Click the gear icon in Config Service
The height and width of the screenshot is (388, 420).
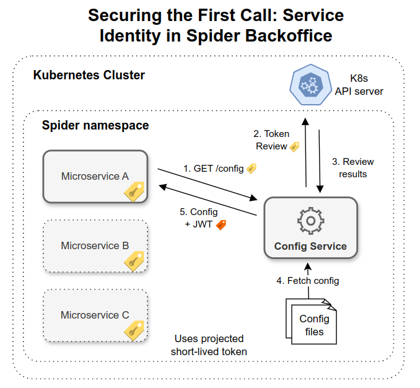(310, 221)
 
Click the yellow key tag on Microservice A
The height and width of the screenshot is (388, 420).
(135, 192)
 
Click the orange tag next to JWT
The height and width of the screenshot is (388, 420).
(221, 224)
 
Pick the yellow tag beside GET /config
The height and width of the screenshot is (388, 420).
(252, 168)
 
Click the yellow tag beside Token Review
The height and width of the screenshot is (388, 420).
(295, 147)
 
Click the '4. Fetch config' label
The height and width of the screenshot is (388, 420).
(308, 281)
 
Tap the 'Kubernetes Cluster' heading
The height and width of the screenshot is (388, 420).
(89, 76)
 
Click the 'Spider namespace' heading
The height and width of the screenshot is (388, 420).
(95, 125)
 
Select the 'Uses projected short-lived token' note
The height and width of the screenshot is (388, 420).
(209, 345)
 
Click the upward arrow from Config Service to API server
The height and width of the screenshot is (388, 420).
(305, 152)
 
